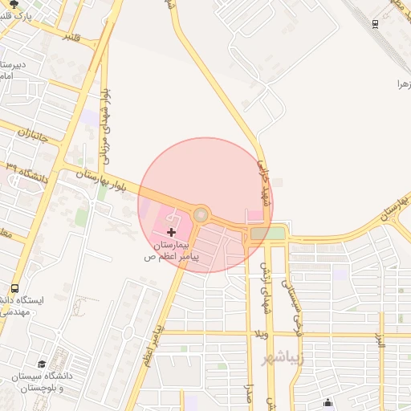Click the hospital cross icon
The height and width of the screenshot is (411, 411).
point(171,231)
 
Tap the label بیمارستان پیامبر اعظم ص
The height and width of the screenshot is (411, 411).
point(169,250)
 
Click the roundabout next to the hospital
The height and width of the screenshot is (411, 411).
point(201,214)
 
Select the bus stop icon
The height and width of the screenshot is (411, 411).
point(14,289)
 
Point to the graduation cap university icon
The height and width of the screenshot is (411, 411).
point(42,364)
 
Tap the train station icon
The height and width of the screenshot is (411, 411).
point(376,22)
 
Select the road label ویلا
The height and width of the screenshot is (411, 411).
point(261,333)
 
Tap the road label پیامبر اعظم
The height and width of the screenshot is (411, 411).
point(153,344)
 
